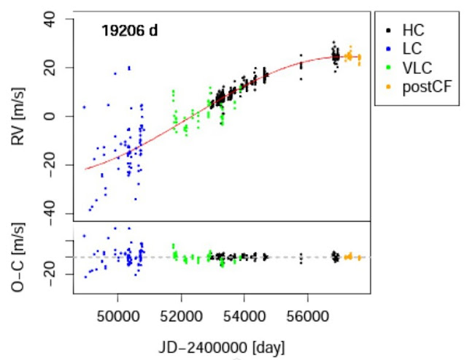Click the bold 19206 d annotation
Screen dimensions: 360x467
pyautogui.click(x=129, y=31)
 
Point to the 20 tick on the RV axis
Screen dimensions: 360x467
pyautogui.click(x=53, y=67)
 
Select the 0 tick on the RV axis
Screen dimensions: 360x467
pyautogui.click(x=58, y=116)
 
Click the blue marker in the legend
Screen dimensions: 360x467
pyautogui.click(x=387, y=50)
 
